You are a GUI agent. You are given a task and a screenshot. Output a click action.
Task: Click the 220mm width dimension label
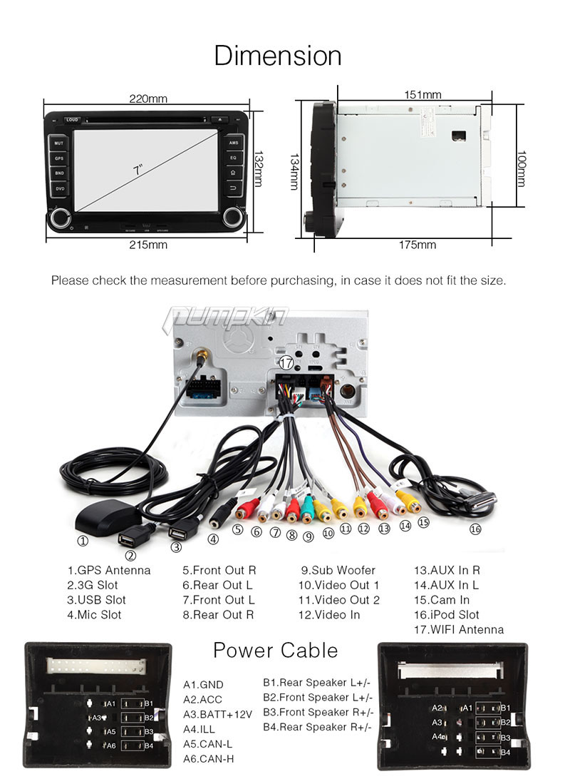click(x=148, y=99)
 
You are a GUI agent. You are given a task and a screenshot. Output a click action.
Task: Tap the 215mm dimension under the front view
click(x=149, y=245)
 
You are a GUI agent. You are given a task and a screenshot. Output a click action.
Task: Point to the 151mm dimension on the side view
click(x=423, y=95)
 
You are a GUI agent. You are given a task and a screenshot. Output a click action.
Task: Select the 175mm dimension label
click(x=417, y=245)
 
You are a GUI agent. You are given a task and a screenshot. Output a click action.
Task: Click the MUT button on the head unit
click(x=60, y=143)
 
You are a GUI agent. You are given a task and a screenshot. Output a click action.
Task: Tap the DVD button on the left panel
click(x=60, y=188)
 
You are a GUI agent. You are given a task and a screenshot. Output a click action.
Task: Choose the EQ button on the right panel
click(x=233, y=158)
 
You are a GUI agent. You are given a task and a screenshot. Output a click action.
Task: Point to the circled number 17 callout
click(x=286, y=362)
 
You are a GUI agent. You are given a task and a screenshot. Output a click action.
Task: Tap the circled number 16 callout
click(x=475, y=529)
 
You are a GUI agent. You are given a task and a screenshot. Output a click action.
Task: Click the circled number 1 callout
click(x=83, y=541)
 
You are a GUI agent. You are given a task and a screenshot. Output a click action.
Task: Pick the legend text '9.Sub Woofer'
click(x=338, y=570)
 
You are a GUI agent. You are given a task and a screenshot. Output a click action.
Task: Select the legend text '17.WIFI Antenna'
click(x=458, y=629)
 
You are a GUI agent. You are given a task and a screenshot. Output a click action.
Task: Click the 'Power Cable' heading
click(x=275, y=650)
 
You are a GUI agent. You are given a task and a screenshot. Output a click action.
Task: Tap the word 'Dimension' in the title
click(x=278, y=56)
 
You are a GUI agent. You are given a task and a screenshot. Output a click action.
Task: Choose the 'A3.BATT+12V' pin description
click(x=217, y=714)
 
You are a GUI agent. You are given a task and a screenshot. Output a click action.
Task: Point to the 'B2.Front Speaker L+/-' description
click(x=318, y=697)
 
